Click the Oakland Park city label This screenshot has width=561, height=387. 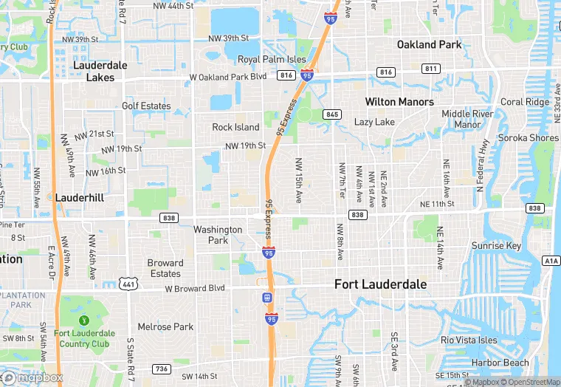point(429,44)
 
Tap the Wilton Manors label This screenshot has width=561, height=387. point(399,101)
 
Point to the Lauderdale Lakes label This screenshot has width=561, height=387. point(100,71)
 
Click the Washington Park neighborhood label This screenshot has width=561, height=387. point(218,235)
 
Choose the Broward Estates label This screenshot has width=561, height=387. point(165,268)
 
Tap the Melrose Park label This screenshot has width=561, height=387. point(165,326)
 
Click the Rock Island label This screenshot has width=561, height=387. point(236,127)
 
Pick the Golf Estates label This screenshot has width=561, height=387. point(146,106)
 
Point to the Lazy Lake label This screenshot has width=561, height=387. point(374,122)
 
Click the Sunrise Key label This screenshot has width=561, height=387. point(496,245)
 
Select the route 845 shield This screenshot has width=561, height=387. point(331,114)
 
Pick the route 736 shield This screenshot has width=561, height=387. point(162,369)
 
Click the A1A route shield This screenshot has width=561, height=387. point(551,260)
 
